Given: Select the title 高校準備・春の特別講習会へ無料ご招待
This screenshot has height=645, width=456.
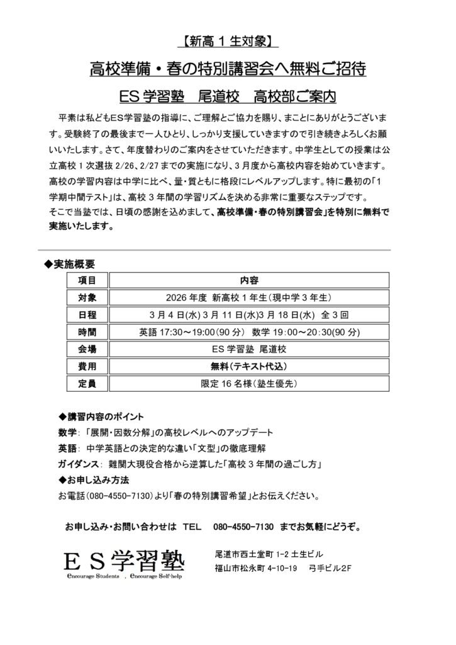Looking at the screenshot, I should pos(228,69).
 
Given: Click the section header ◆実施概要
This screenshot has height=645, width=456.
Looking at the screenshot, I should pos(69,263).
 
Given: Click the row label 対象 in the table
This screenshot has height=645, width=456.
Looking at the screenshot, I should pos(87,297).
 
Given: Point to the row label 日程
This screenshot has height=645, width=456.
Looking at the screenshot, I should pos(87,314).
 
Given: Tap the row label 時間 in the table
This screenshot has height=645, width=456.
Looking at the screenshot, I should pos(87,331).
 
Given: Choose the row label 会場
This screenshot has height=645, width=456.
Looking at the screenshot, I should pos(87,348).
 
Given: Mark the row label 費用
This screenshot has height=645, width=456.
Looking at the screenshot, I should pos(87,365).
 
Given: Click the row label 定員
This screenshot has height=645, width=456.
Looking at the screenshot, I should pos(87,382).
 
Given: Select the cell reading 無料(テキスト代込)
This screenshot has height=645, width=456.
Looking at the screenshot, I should pos(249,365).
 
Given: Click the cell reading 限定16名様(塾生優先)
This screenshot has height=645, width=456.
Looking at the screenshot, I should pos(249,382).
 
